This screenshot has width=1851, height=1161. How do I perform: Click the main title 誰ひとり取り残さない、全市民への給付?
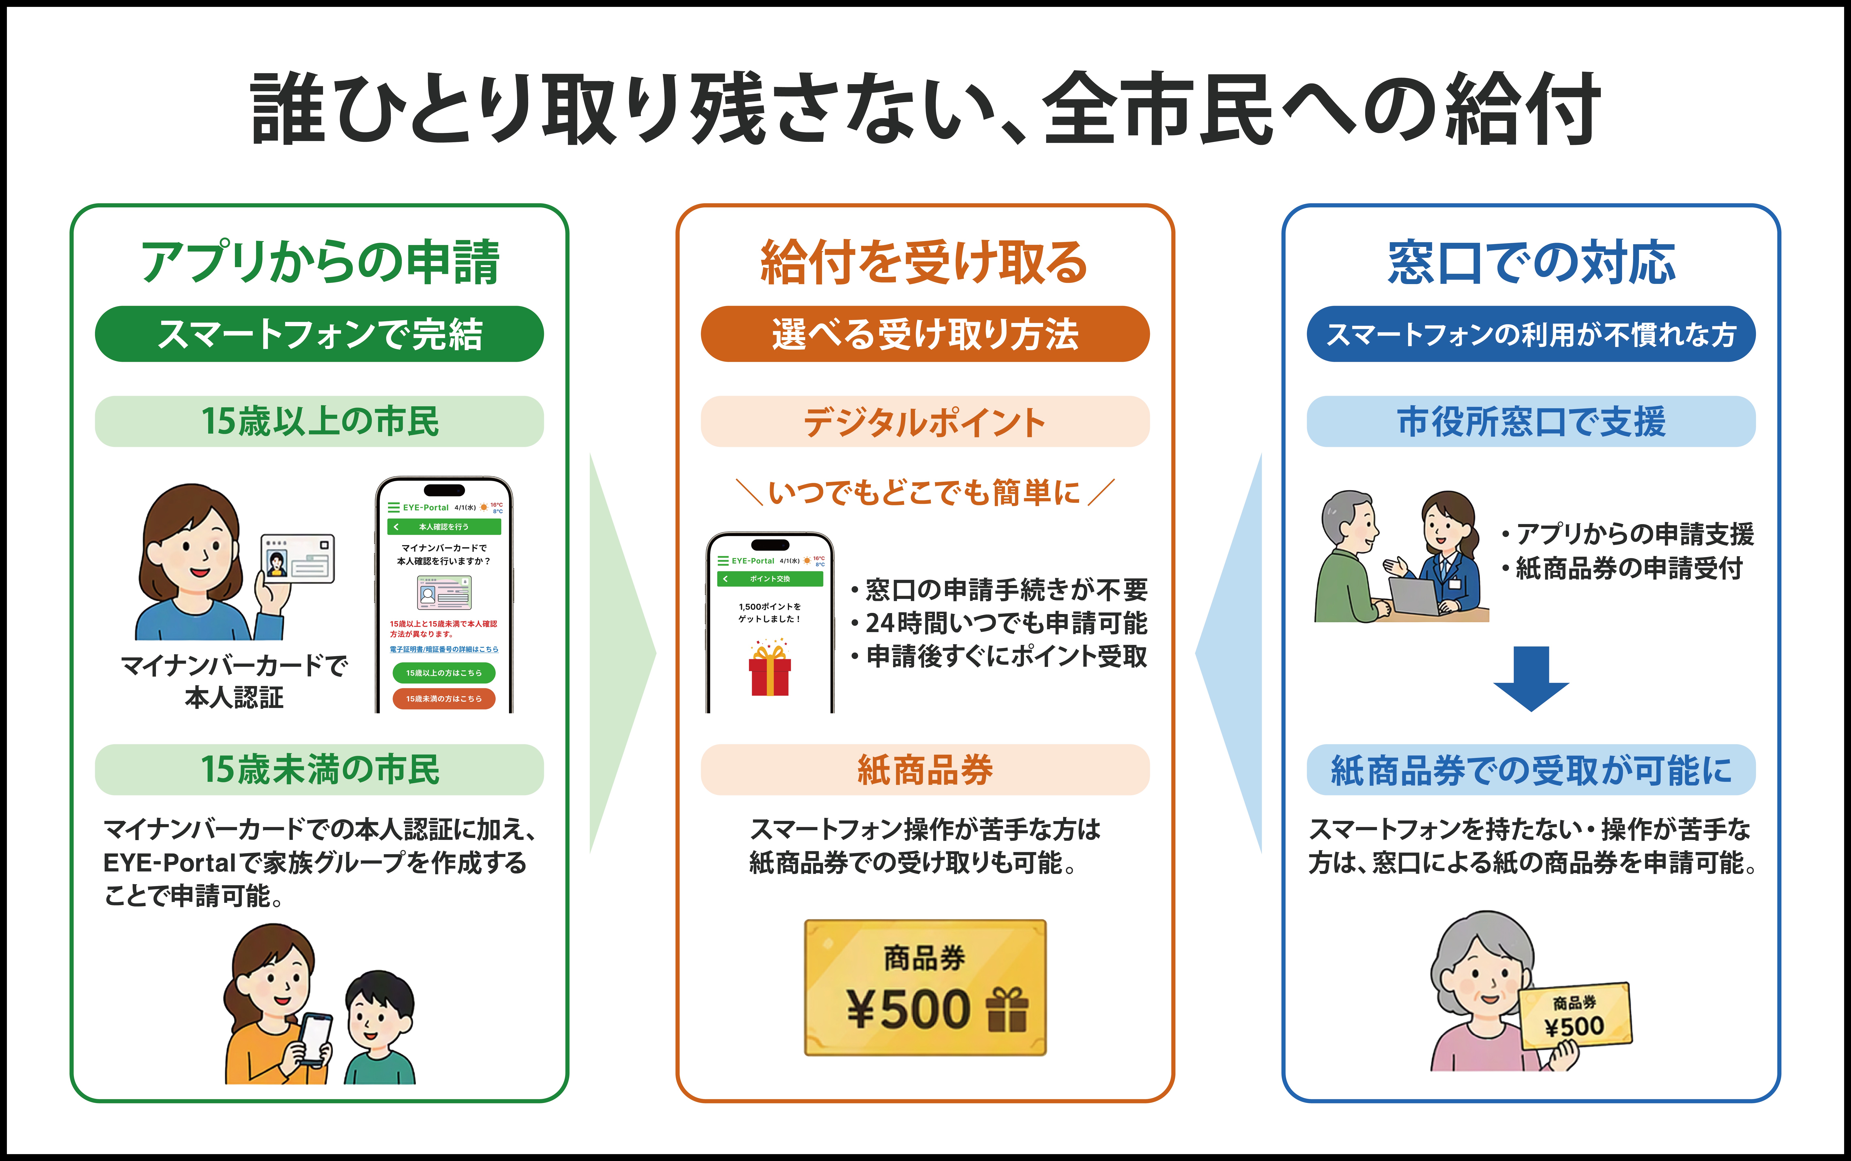pos(925,109)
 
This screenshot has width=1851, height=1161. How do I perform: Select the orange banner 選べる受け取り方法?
pos(925,334)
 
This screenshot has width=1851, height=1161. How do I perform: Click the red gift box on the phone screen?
pos(770,670)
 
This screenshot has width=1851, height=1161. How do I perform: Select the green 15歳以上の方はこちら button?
pos(444,673)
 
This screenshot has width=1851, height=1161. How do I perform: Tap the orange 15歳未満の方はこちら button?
pos(444,699)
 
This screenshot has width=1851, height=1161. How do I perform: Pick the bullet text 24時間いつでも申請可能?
pos(1007,623)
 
